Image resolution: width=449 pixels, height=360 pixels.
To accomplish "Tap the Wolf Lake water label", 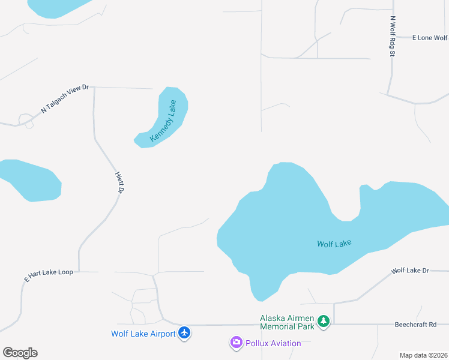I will (x=334, y=244).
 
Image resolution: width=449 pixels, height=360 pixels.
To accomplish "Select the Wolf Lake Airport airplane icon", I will (x=184, y=333).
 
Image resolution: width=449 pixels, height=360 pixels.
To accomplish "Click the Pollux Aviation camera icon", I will (x=237, y=343).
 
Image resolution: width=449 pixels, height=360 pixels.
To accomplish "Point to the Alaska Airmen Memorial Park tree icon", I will (x=324, y=322).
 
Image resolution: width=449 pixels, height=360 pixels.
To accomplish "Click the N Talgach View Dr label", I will (x=65, y=99).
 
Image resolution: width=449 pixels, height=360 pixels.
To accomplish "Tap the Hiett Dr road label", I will (x=119, y=182).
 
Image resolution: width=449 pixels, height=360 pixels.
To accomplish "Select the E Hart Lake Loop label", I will (x=49, y=275).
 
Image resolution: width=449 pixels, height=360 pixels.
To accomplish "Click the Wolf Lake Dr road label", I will (x=410, y=271).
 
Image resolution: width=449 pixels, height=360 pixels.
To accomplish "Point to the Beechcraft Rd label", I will (x=421, y=325).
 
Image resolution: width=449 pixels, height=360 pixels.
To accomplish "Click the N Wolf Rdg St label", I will (x=393, y=36).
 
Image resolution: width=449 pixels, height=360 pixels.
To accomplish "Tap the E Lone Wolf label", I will (x=429, y=38).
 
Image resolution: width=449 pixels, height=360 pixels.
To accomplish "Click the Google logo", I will (x=20, y=353).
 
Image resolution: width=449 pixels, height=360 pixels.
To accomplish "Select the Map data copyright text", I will (x=423, y=355).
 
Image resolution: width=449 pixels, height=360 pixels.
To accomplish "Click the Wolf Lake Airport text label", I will (x=143, y=334).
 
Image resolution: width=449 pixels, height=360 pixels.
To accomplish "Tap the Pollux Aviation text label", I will (x=273, y=343).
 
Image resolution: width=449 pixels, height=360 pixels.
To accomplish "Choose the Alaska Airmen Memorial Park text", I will (x=287, y=322).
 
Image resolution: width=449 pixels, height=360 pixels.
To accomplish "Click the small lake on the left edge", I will (x=30, y=179).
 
